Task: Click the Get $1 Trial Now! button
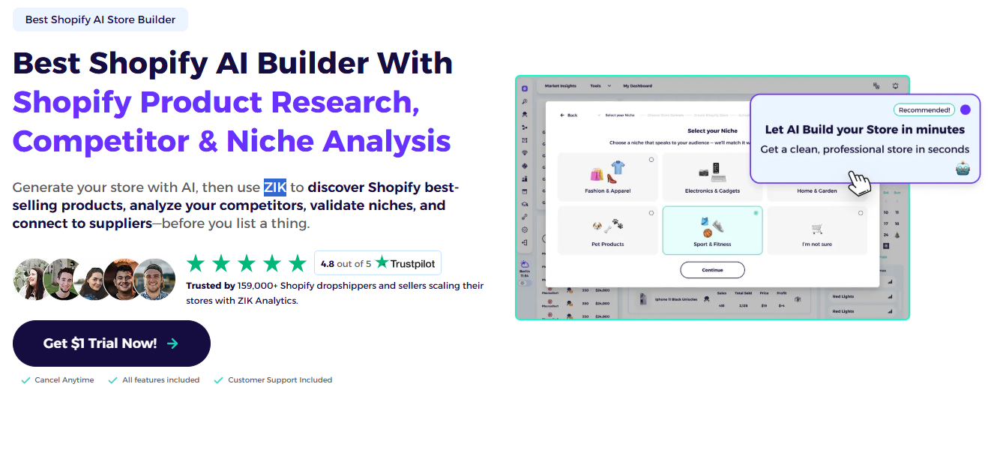point(111,343)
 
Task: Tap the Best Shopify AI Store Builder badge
point(100,19)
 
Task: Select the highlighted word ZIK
point(274,187)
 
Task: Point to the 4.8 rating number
point(327,264)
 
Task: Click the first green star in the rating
point(196,263)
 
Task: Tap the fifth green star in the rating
point(298,263)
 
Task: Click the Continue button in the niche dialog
point(712,270)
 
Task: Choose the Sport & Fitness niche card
point(712,230)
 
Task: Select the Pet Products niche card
point(608,230)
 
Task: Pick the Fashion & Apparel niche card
point(608,177)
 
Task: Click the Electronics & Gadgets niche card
point(712,177)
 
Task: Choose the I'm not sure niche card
point(816,230)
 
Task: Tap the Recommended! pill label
point(924,109)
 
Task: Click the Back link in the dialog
point(569,115)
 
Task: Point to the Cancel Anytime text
point(64,380)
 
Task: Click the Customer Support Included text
point(280,380)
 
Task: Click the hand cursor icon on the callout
point(859,182)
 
